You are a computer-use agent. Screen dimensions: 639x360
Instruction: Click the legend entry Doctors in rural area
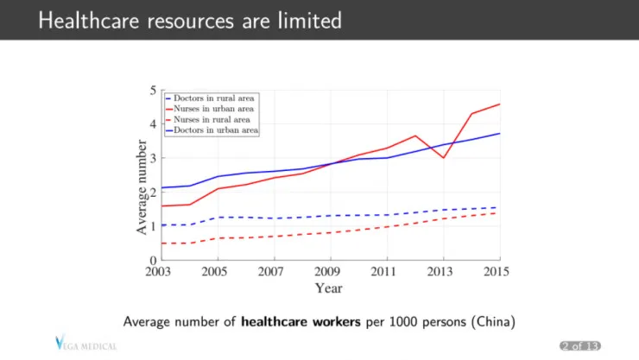[x=210, y=98]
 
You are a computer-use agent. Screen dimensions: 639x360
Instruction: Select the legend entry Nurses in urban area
[x=210, y=109]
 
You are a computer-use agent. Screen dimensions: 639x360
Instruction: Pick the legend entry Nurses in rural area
[x=208, y=120]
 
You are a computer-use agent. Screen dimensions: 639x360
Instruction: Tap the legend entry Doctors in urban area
[x=212, y=130]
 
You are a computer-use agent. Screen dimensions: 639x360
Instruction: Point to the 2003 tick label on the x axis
[x=158, y=272]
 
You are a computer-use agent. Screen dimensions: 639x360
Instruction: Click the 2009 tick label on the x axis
[x=327, y=272]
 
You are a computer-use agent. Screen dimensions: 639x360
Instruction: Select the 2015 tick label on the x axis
[x=497, y=272]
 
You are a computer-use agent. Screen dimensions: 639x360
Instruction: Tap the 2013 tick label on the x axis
[x=440, y=272]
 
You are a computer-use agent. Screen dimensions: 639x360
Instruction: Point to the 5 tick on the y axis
[x=153, y=91]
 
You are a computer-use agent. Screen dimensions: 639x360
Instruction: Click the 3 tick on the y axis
[x=153, y=158]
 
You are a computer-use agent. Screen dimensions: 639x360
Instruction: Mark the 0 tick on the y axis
[x=153, y=260]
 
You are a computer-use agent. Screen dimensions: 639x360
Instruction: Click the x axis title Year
[x=328, y=288]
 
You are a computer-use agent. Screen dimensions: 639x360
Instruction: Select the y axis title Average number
[x=142, y=187]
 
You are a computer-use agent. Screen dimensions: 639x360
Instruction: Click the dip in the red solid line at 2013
[x=443, y=158]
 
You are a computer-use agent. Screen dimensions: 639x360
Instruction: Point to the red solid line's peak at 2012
[x=415, y=136]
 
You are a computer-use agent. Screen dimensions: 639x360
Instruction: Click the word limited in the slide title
[x=310, y=21]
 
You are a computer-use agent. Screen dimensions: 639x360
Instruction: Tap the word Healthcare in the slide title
[x=89, y=21]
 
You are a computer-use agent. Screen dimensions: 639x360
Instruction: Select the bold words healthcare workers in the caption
[x=301, y=322]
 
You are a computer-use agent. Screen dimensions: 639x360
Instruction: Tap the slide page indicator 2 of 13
[x=580, y=345]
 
